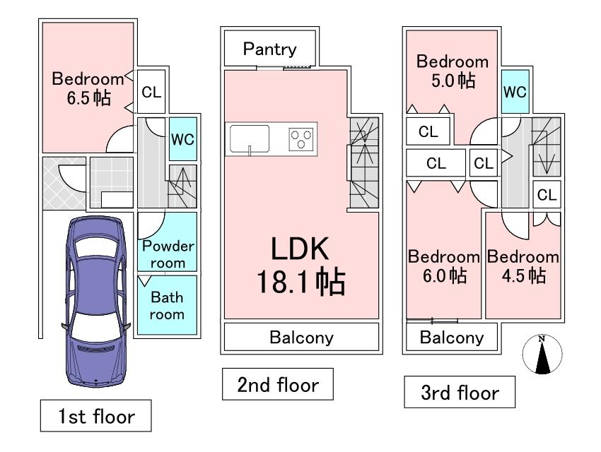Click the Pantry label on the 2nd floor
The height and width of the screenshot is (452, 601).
point(269,49)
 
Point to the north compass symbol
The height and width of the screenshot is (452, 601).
point(542,354)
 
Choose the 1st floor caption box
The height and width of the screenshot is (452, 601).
point(95,416)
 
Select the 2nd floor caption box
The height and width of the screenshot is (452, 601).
point(278,385)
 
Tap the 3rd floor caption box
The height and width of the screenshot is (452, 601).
point(459,393)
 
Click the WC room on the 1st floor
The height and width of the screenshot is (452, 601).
point(182,139)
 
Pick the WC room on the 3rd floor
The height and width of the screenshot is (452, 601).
point(514,93)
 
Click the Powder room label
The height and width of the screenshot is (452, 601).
point(168,254)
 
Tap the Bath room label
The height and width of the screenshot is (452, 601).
point(167,306)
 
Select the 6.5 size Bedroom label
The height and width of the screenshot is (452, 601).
point(88,88)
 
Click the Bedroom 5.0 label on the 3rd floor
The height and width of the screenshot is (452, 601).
point(452,71)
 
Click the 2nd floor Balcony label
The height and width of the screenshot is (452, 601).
point(301,338)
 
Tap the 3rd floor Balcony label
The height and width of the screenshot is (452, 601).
point(452,338)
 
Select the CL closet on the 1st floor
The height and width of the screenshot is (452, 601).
point(151,92)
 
